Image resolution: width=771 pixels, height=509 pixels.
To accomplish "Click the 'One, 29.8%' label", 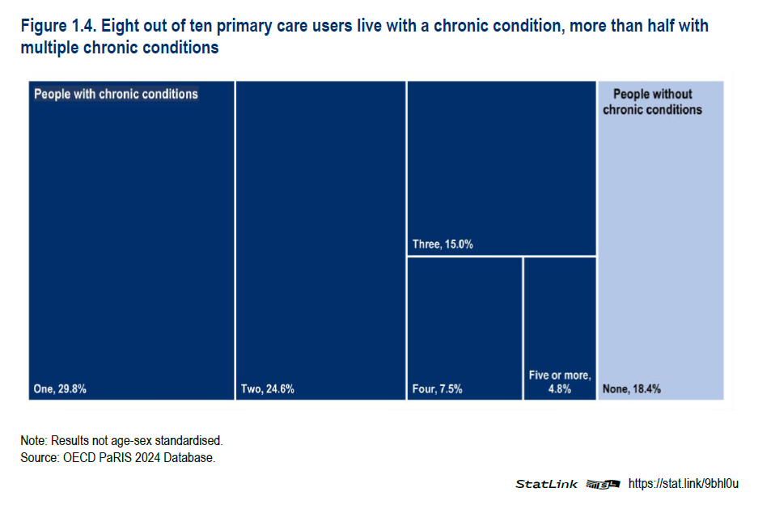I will (60, 389).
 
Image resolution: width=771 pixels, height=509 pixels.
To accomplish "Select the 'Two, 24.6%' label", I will (267, 389).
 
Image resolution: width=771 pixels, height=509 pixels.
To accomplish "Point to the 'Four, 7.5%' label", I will (437, 389).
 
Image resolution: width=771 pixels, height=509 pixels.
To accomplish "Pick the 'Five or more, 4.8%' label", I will (560, 382).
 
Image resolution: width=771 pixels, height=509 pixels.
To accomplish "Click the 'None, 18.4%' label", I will (632, 389).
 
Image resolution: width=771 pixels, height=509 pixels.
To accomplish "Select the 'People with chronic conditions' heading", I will (116, 94).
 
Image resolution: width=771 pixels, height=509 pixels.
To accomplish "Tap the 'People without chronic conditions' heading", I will (652, 102).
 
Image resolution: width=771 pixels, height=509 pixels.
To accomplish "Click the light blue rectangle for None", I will (659, 243).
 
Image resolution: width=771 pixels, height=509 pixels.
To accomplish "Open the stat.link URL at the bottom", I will (683, 484).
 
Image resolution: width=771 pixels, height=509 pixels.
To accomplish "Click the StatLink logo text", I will (547, 484).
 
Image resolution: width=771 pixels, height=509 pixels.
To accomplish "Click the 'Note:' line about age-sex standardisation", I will (121, 441).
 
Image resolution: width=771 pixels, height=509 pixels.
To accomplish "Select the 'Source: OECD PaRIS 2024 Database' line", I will (118, 458).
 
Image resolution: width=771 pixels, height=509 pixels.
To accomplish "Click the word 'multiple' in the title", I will (49, 48).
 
